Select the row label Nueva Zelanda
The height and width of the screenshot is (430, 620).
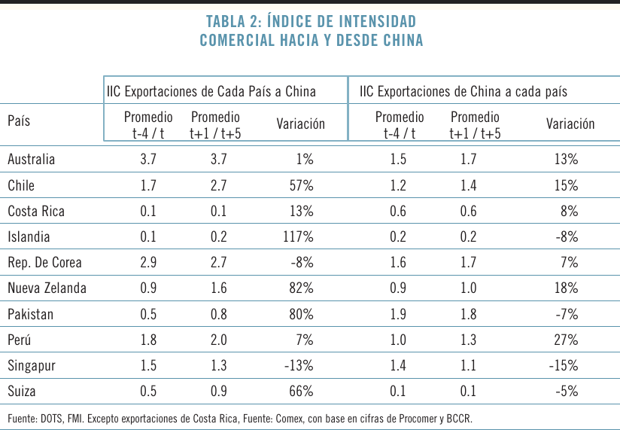click(x=47, y=288)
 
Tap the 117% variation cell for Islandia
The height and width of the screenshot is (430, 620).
click(x=297, y=237)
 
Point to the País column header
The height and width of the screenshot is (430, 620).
click(x=19, y=121)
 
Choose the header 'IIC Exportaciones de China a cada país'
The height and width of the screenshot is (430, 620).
click(x=463, y=92)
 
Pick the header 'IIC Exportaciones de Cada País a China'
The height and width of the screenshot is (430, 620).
click(x=211, y=92)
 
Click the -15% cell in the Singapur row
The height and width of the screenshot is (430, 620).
click(x=564, y=366)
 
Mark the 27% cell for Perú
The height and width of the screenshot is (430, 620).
click(x=566, y=340)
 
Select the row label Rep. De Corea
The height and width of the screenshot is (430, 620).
click(x=44, y=263)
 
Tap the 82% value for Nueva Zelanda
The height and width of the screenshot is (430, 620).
click(x=301, y=288)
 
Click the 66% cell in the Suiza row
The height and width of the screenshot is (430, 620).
click(x=301, y=392)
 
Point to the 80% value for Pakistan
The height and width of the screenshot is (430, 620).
click(x=301, y=314)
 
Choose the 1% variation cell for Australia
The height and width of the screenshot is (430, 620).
click(x=304, y=160)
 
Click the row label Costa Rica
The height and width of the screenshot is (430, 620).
click(x=36, y=212)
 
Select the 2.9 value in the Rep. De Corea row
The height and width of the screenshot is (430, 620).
click(x=148, y=263)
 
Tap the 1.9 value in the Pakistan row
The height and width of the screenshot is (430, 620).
click(x=400, y=314)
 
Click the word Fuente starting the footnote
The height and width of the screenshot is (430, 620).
click(x=24, y=418)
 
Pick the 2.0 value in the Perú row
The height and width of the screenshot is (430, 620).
click(x=218, y=340)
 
